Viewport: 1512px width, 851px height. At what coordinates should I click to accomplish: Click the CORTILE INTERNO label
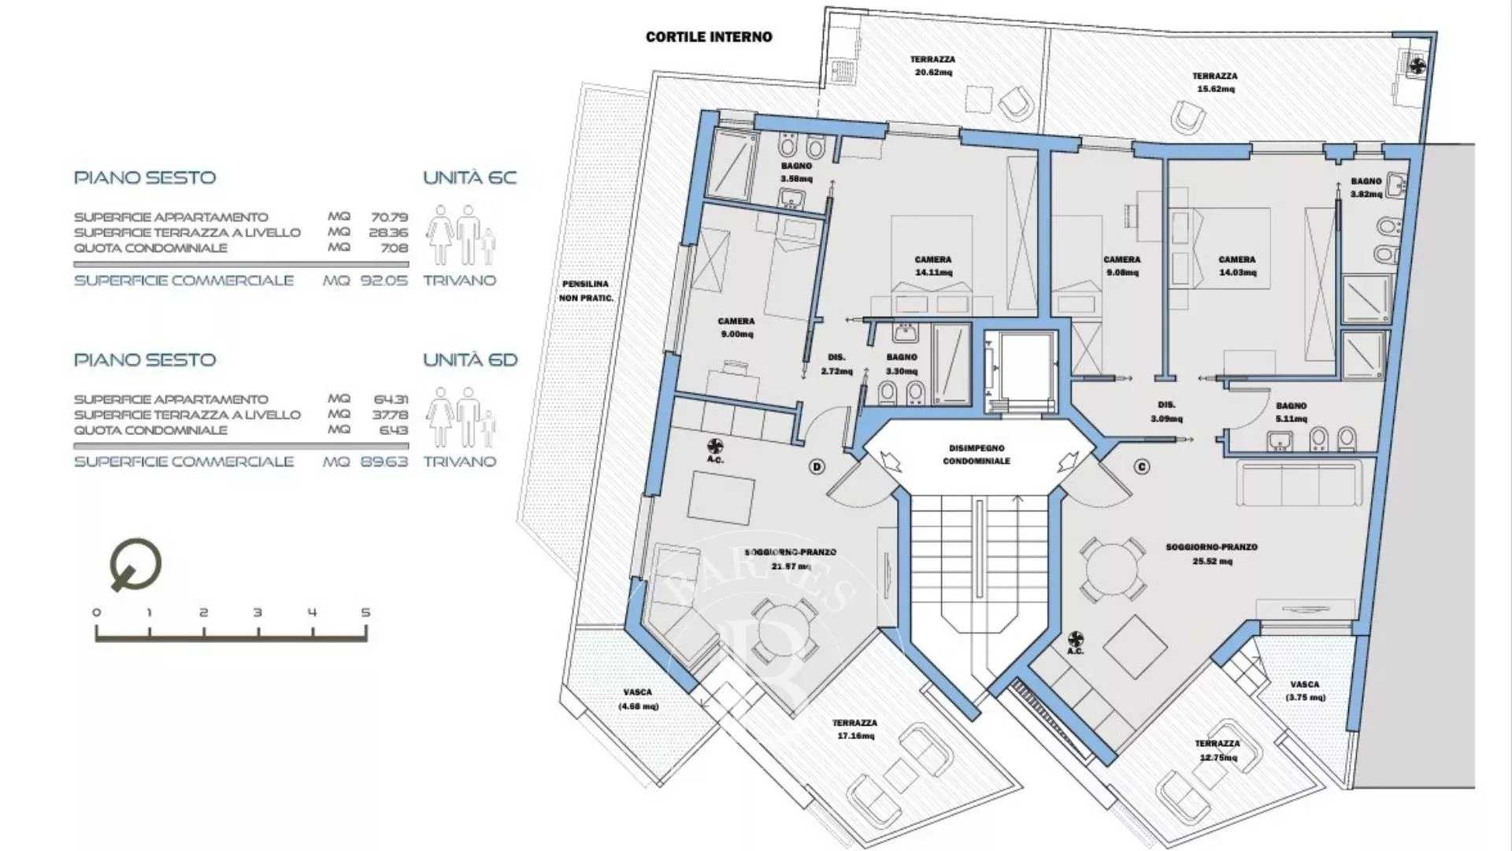tap(709, 37)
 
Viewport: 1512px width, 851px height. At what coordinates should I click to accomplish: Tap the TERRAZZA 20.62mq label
tap(932, 65)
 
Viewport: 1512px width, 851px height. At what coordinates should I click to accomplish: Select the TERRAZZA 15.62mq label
tap(1214, 82)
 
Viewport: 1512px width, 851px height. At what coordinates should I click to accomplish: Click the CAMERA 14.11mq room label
tap(933, 266)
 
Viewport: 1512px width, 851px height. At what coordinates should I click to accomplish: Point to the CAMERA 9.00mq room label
tap(736, 327)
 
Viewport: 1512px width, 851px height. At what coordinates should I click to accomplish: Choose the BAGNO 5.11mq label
tap(1291, 412)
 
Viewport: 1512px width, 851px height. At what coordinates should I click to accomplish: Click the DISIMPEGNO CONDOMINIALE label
tap(976, 454)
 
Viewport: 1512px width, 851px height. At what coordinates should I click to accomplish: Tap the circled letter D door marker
tap(817, 467)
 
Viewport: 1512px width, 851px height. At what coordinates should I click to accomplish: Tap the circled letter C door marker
tap(1142, 467)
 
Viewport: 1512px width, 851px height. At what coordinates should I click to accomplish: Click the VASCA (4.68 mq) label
tap(637, 699)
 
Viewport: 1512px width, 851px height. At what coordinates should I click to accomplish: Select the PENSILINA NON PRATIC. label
tap(585, 291)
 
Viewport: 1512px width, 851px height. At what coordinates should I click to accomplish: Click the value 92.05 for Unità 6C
tap(384, 281)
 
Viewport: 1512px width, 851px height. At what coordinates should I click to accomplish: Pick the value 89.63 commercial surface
tap(384, 462)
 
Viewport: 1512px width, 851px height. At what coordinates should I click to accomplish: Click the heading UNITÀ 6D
tap(470, 360)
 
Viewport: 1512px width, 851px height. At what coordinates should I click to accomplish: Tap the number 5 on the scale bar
tap(365, 612)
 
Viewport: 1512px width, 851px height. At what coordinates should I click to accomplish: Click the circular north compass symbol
tap(135, 564)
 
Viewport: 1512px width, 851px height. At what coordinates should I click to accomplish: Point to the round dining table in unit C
tap(1112, 570)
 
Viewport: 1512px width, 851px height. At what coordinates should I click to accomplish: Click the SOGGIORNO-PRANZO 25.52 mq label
tap(1211, 554)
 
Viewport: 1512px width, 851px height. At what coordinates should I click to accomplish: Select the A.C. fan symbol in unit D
tap(715, 447)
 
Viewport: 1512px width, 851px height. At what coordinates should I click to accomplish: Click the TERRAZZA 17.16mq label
tap(854, 729)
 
